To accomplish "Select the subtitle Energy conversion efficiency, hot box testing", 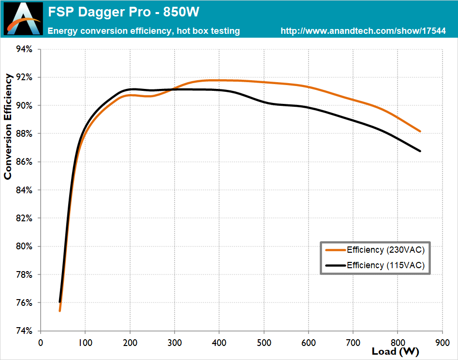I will (144, 31).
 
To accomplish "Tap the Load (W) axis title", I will (395, 351).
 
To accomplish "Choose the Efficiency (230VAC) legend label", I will (385, 250).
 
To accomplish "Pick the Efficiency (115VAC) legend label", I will (385, 265).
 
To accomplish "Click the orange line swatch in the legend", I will (335, 250).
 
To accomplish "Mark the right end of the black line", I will (420, 151).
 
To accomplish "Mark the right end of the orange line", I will (420, 131).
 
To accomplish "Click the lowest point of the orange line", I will (59, 311).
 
